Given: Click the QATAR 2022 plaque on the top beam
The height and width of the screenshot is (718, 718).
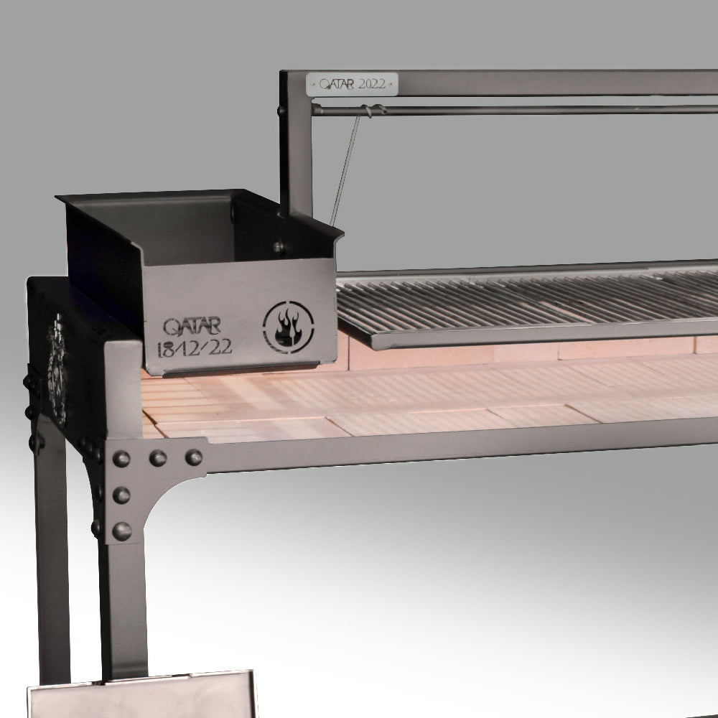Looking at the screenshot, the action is point(352,84).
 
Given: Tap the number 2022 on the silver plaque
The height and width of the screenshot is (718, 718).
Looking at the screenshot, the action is point(372,84).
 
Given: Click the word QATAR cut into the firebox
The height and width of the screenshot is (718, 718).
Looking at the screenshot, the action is point(192,327).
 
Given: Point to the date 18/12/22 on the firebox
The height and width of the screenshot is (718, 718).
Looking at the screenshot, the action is point(194,348).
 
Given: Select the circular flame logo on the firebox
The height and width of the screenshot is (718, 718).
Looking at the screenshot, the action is point(289,327).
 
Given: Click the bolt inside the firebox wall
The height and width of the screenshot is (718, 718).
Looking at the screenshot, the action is point(279,247).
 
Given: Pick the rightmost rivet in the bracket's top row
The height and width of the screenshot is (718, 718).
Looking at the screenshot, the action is point(194,457).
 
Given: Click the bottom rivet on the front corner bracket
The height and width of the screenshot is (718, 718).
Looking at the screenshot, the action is point(122,531).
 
